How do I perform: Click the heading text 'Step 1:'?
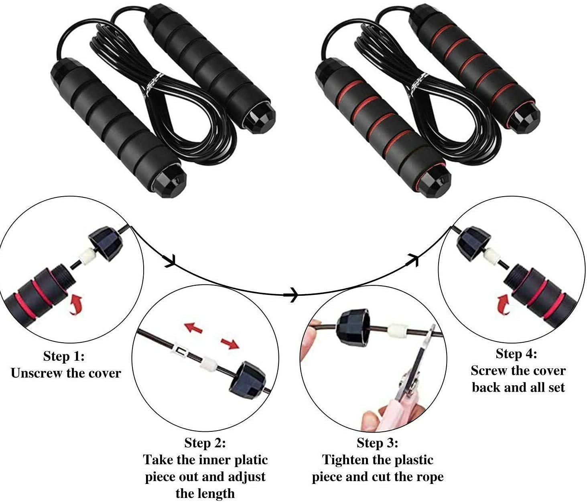[x=64, y=356]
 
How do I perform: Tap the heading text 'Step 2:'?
[x=205, y=443]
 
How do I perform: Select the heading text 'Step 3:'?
[x=378, y=443]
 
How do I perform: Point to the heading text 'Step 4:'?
[x=516, y=354]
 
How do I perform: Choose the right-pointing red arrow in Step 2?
[x=230, y=343]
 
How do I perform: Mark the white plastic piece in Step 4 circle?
[x=492, y=255]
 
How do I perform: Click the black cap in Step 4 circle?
[x=473, y=244]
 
